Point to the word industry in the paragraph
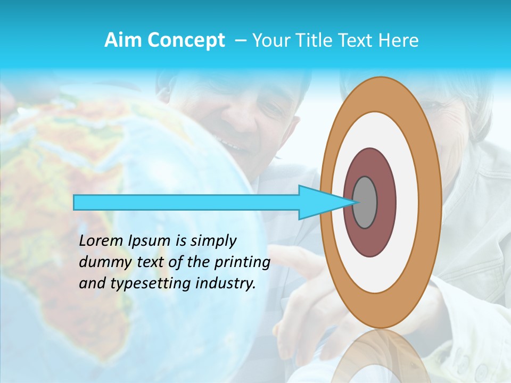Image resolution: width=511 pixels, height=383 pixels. click(226, 284)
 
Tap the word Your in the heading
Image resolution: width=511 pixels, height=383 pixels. click(272, 40)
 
